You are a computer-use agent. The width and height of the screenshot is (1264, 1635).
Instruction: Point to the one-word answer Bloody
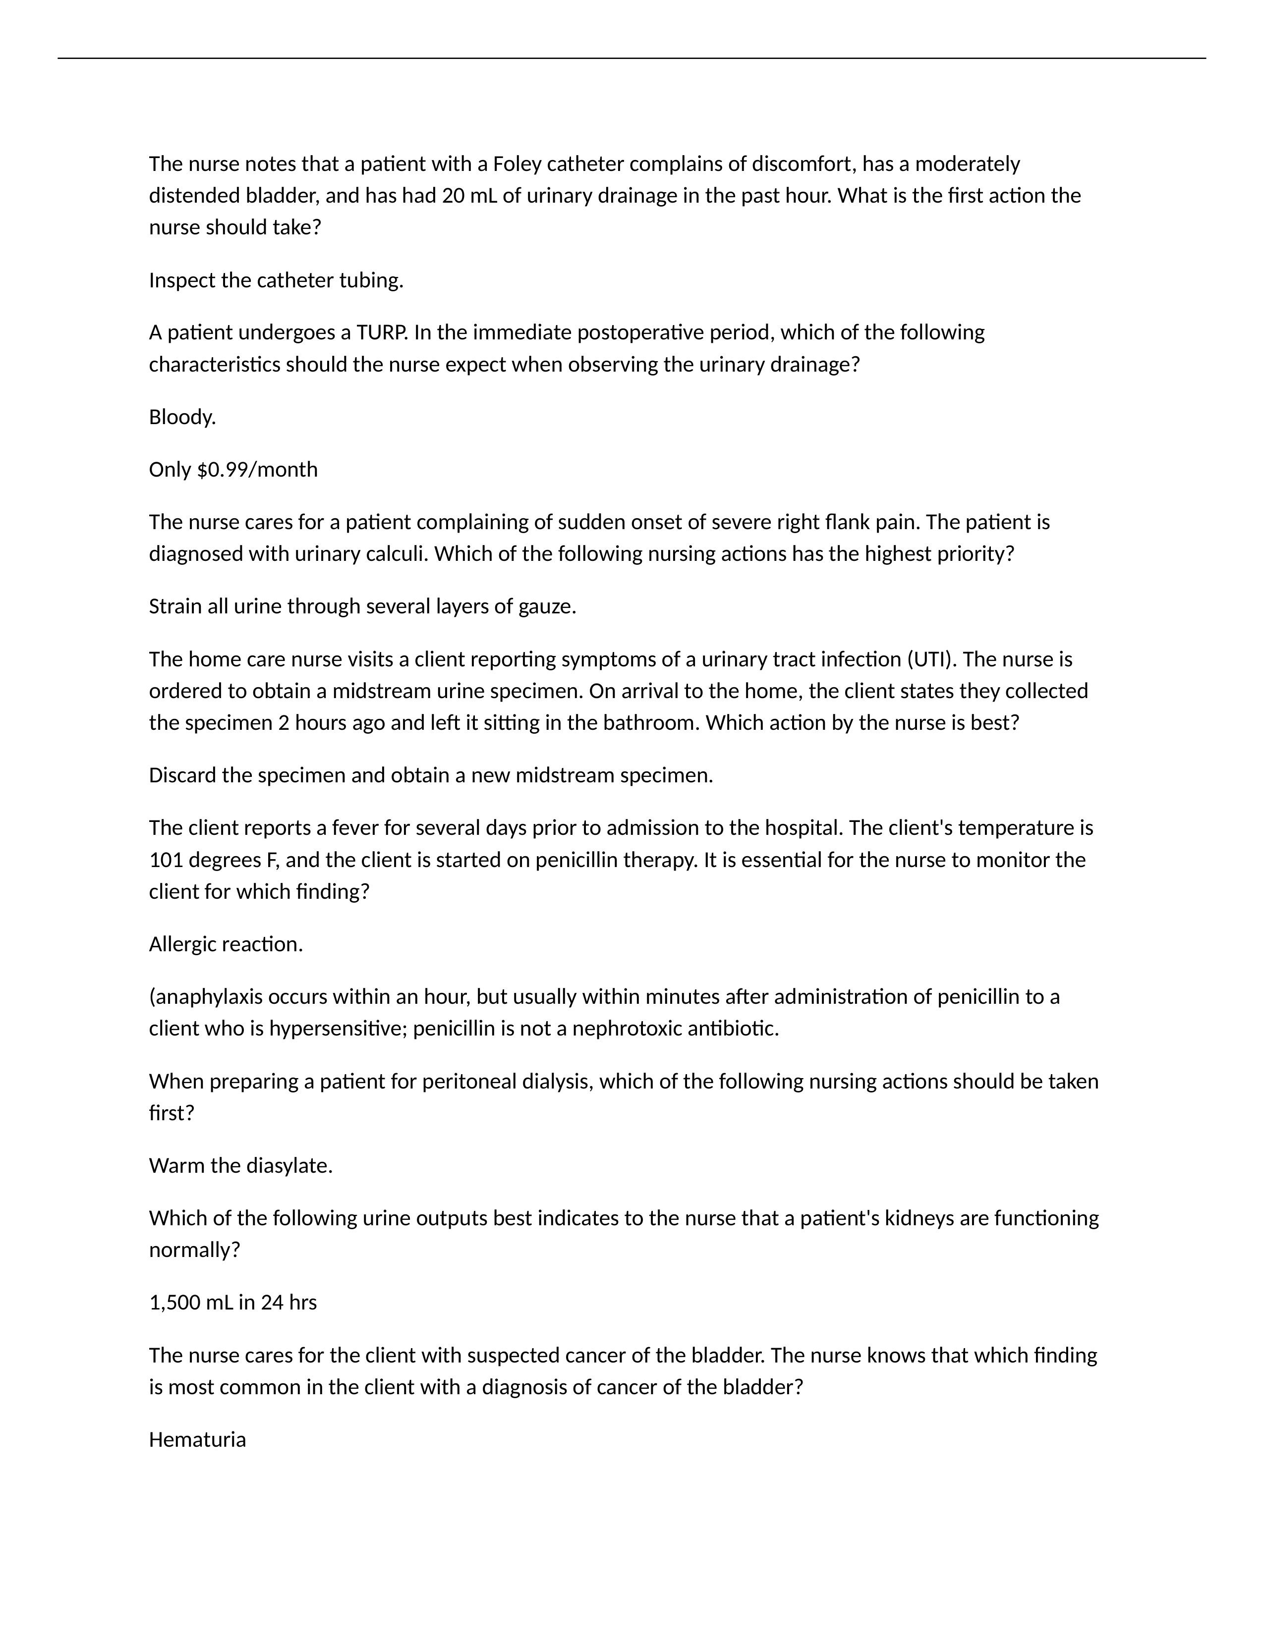(x=182, y=417)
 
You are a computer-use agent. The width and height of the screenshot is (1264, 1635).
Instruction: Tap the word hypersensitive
(x=338, y=1029)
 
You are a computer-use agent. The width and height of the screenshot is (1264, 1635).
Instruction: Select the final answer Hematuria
(x=197, y=1440)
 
